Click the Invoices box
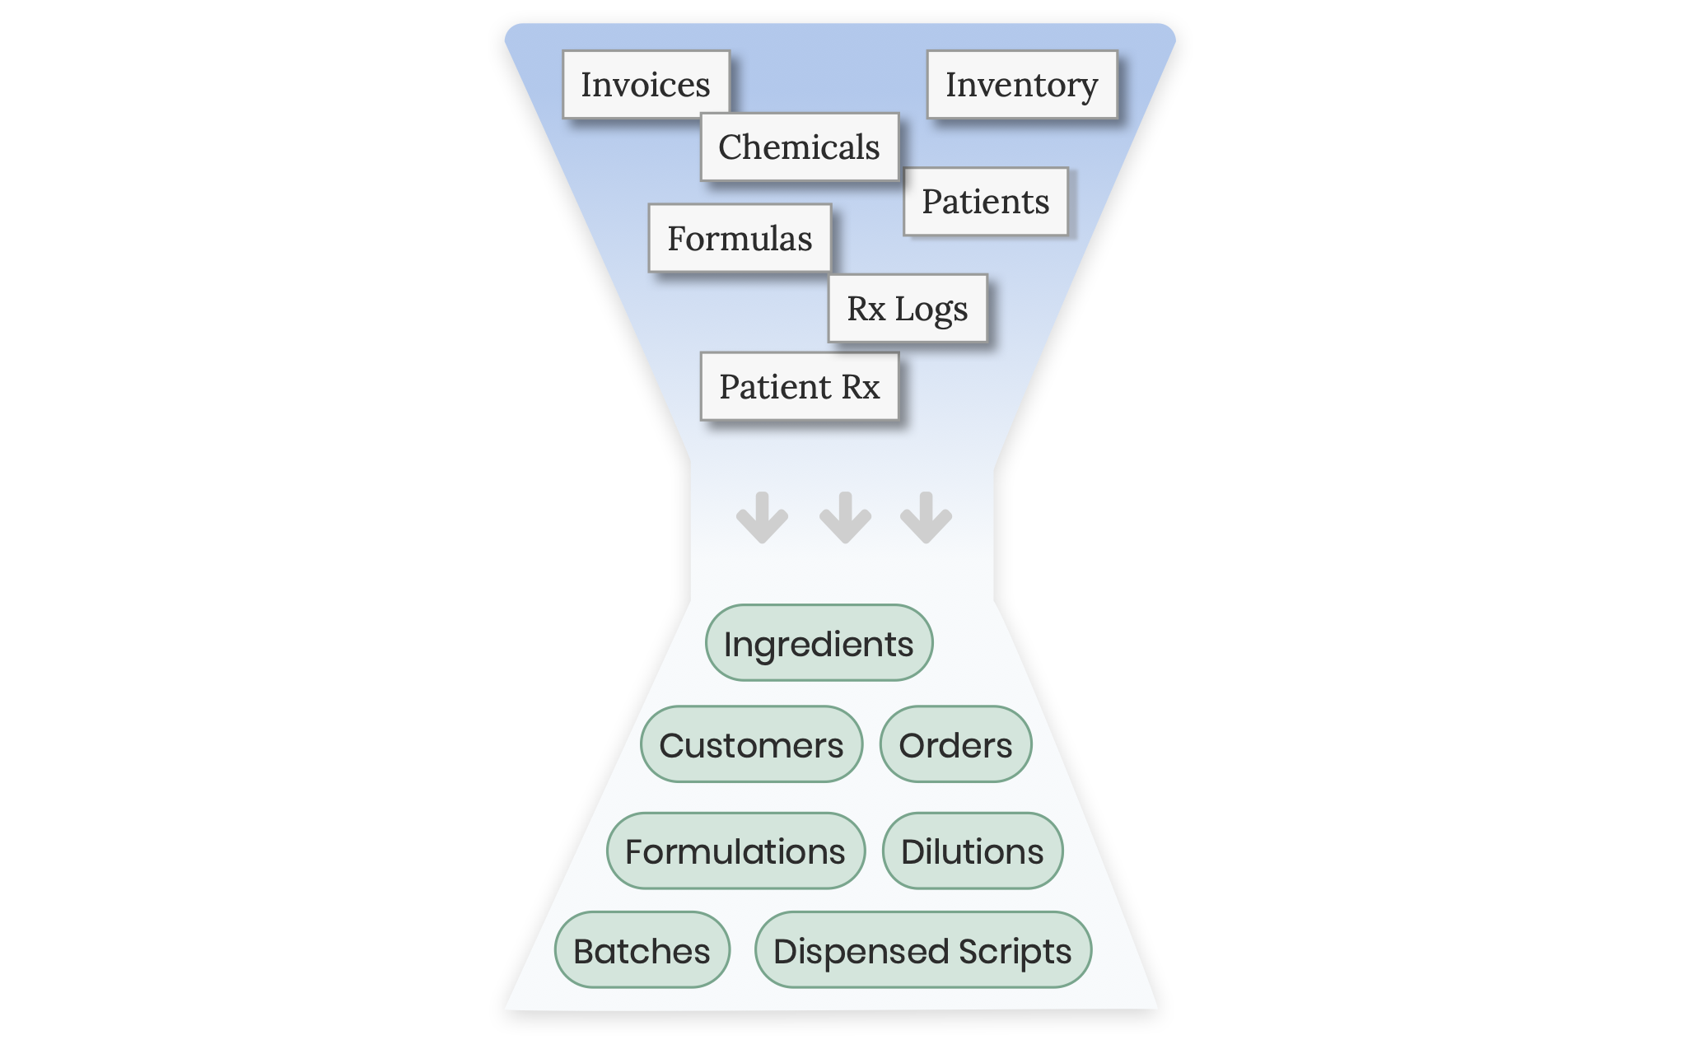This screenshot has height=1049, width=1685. coord(646,85)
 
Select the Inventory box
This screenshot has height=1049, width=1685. coord(1021,85)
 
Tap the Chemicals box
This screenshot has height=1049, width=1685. coord(799,147)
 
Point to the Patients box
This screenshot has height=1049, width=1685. coord(985,202)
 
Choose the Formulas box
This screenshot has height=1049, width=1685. coord(740,239)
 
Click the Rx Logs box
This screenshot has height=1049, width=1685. coord(907,309)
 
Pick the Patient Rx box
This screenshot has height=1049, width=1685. coord(799,387)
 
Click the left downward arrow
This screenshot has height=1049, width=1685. coord(762,519)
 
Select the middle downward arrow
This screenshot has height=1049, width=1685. coord(845,519)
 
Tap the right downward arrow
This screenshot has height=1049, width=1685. coord(926,519)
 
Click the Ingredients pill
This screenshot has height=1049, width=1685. coord(819,643)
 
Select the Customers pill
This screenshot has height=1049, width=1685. coord(751,744)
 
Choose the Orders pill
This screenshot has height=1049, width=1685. coord(955,744)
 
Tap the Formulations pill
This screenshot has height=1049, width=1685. coord(735,851)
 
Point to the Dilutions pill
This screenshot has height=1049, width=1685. coord(972,851)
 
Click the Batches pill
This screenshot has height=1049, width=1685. coord(642,950)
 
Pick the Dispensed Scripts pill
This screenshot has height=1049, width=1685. coord(922,950)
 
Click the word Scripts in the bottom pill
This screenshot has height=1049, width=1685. coord(1015,951)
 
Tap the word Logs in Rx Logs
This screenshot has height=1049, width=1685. coord(931,310)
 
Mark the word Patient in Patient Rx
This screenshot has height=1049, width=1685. coord(775,387)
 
